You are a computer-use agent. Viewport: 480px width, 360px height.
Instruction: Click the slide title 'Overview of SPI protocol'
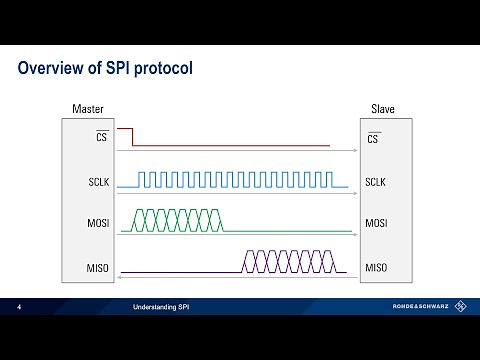click(x=106, y=69)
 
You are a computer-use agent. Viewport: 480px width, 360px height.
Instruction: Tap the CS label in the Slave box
click(x=374, y=138)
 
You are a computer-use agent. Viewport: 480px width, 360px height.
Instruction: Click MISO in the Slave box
click(x=376, y=267)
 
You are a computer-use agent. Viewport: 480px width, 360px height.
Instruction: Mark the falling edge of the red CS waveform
click(x=134, y=137)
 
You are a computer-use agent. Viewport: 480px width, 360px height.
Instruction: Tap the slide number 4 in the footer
click(x=19, y=307)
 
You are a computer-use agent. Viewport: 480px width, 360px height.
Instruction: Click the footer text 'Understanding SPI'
click(x=160, y=307)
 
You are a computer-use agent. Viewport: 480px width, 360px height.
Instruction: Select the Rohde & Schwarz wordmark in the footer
click(x=419, y=307)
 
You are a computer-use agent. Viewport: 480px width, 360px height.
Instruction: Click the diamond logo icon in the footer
click(x=460, y=307)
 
